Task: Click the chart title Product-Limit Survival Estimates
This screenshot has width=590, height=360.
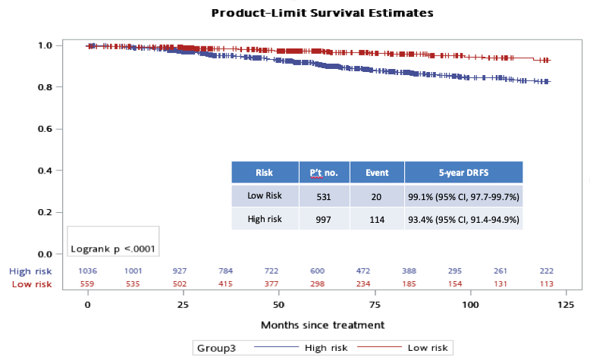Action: click(x=322, y=13)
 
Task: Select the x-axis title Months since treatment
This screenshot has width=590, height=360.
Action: click(x=322, y=324)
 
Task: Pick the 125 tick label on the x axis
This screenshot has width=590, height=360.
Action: click(x=565, y=304)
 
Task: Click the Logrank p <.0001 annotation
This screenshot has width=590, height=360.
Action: click(x=114, y=248)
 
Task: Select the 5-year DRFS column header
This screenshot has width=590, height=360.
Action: click(x=463, y=173)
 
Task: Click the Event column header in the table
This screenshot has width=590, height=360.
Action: click(x=376, y=173)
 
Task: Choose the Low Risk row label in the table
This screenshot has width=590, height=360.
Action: click(x=265, y=196)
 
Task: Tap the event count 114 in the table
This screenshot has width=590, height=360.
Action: click(x=376, y=219)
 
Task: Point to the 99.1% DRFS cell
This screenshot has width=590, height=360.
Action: click(x=463, y=196)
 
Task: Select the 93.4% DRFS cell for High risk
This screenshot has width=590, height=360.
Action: click(x=463, y=219)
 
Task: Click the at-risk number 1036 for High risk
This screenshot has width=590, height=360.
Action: click(x=88, y=271)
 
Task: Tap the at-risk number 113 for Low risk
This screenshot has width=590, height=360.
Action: click(x=546, y=284)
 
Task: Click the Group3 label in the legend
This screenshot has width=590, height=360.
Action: click(x=216, y=348)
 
